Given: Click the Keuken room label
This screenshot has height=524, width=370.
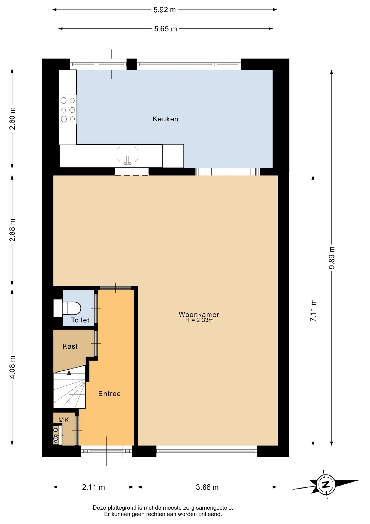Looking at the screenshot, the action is (x=165, y=119).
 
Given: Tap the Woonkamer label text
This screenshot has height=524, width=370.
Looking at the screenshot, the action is (x=199, y=314).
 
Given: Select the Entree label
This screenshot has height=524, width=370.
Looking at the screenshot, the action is (x=110, y=394).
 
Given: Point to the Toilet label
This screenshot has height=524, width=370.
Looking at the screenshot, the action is (x=80, y=320).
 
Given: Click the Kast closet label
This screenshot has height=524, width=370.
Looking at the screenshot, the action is (x=70, y=346).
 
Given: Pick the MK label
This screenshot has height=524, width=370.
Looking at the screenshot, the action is (x=64, y=420).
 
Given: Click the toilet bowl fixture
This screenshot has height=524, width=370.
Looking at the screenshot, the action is (x=72, y=308).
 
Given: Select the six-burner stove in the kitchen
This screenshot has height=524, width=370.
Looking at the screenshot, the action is (x=68, y=110).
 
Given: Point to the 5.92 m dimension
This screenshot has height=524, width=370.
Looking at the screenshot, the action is (x=165, y=10).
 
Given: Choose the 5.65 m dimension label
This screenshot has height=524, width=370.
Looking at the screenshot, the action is (x=165, y=29).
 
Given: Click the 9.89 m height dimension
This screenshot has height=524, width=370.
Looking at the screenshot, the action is (x=332, y=258).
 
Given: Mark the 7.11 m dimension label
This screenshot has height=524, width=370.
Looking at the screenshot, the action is (x=313, y=310).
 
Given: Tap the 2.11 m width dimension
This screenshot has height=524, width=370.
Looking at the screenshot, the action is (x=93, y=487).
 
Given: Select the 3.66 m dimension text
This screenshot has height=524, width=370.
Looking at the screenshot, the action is (x=207, y=487).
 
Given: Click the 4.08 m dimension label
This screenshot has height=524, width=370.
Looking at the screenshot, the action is (x=12, y=367).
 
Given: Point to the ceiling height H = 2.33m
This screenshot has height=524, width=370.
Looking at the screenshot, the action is (x=199, y=320).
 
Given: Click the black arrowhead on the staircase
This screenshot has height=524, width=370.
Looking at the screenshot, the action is (x=69, y=373).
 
